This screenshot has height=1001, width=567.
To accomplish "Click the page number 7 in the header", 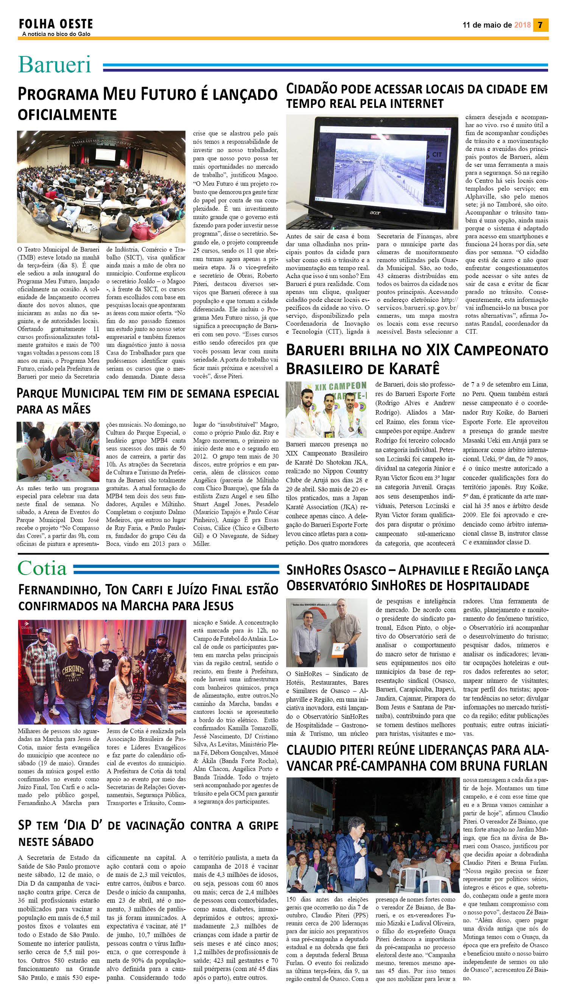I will [x=540, y=25].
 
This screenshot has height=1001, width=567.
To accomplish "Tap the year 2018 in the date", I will [x=522, y=25].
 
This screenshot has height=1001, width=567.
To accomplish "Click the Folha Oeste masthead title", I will [x=56, y=24].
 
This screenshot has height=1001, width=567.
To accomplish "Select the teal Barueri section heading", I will [x=55, y=65].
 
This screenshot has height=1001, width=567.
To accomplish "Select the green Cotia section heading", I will [x=42, y=569].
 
